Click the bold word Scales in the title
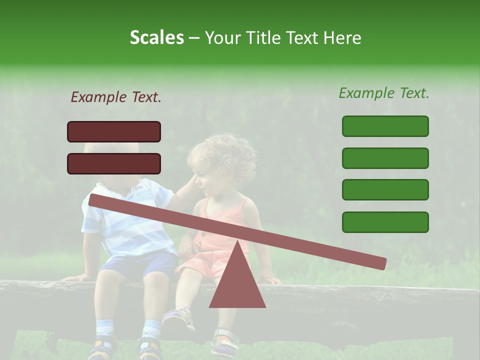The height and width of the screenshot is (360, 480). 156,38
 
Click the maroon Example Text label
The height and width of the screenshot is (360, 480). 116,97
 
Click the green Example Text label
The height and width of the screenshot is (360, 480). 384,93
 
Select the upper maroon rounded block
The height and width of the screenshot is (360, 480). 114,131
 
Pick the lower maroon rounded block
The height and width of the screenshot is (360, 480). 114,163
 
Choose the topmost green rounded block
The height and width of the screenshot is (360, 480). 385,126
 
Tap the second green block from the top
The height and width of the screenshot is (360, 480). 385,158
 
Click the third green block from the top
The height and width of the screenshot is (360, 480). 385,190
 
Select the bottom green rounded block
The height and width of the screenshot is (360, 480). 385,222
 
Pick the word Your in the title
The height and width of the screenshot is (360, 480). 222,38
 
